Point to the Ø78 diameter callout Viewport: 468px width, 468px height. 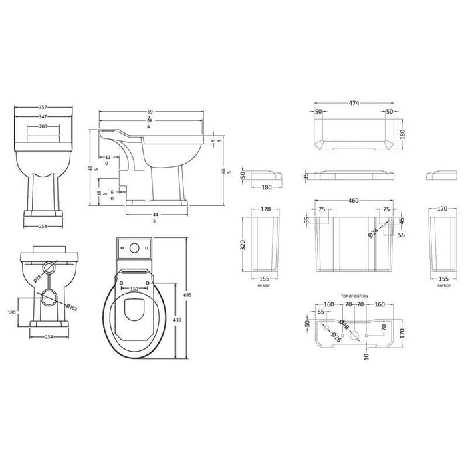pyautogui.click(x=38, y=276)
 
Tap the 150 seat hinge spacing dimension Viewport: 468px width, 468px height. pyautogui.click(x=135, y=289)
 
